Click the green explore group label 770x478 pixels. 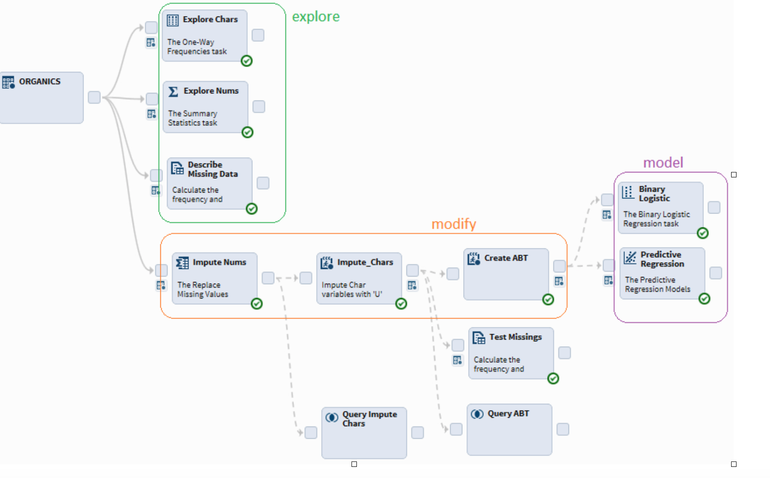(x=316, y=17)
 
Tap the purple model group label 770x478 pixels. (x=663, y=163)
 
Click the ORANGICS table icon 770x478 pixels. (x=8, y=82)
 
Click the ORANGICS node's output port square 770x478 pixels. (x=94, y=97)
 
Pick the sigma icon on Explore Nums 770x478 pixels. (x=173, y=92)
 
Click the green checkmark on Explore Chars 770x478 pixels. (x=247, y=61)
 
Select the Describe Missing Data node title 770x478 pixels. (x=213, y=169)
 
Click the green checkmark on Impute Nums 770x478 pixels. (x=256, y=304)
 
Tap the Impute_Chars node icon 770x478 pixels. (x=327, y=263)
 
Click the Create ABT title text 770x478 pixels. (x=506, y=258)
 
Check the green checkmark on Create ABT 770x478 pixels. (x=548, y=299)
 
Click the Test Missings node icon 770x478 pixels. (x=479, y=338)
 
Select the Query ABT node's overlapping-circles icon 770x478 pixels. (x=477, y=414)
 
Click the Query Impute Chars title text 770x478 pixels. (x=369, y=419)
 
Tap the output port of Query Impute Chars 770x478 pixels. (x=418, y=432)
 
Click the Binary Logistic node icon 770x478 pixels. (x=628, y=192)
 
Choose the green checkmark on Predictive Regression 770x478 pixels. (x=704, y=298)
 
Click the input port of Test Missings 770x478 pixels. (x=458, y=345)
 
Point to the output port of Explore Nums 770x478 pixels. (x=259, y=106)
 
